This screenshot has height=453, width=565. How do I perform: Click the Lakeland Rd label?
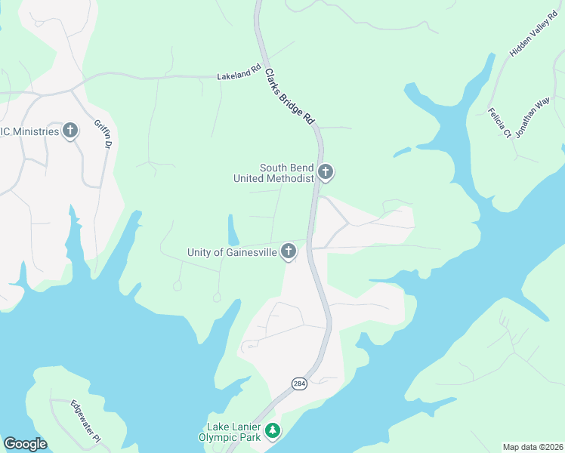pos(233,76)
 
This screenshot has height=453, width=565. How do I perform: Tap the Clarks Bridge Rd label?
pos(289,97)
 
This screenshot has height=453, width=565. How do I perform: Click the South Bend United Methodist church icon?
pos(326,173)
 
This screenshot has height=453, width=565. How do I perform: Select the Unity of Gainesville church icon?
pos(289,251)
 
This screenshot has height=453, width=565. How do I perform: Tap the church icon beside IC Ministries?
pos(70,131)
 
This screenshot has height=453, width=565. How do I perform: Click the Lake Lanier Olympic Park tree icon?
pos(272,432)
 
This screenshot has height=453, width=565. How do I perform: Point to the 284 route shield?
pos(300,384)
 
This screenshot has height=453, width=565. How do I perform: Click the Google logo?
pos(25,444)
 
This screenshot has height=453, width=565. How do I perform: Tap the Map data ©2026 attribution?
pos(533,447)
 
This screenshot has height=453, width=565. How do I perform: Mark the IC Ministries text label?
pos(29,131)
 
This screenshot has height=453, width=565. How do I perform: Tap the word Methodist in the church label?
pos(290,178)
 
